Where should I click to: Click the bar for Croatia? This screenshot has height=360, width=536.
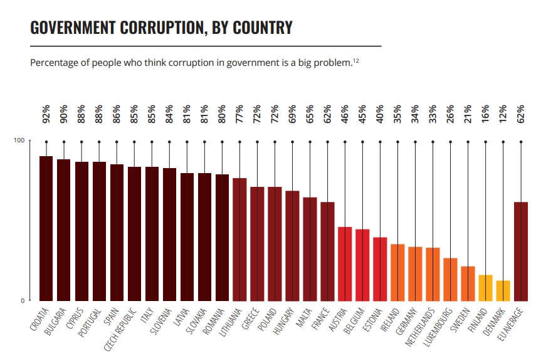(46, 228)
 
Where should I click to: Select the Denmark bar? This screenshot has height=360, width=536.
(503, 290)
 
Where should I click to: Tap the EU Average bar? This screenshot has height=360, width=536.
(520, 251)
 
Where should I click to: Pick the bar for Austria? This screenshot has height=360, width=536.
(345, 263)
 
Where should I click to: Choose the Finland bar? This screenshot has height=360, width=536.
(485, 287)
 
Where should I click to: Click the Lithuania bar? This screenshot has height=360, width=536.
(239, 239)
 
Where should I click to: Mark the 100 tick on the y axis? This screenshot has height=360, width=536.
(19, 140)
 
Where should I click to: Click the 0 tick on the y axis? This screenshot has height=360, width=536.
(21, 300)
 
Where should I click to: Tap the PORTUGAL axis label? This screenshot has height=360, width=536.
(92, 322)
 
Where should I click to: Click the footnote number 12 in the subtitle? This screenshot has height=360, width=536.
(355, 60)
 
